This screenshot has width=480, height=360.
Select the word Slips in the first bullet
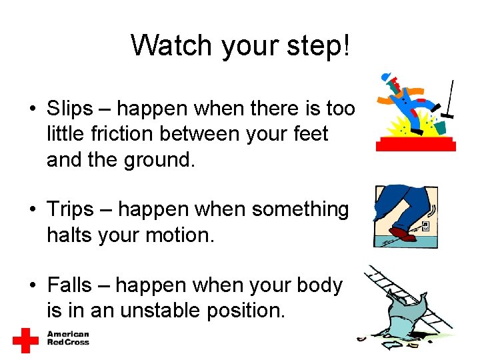pyautogui.click(x=69, y=108)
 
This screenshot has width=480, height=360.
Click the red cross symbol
pyautogui.click(x=26, y=340)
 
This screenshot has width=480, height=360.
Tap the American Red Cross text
pyautogui.click(x=67, y=338)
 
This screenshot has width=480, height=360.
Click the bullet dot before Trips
pyautogui.click(x=32, y=210)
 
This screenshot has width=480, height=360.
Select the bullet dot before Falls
pyautogui.click(x=32, y=286)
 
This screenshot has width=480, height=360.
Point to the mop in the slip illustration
pyautogui.click(x=449, y=100)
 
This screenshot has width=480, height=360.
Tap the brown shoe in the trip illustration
pyautogui.click(x=404, y=234)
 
